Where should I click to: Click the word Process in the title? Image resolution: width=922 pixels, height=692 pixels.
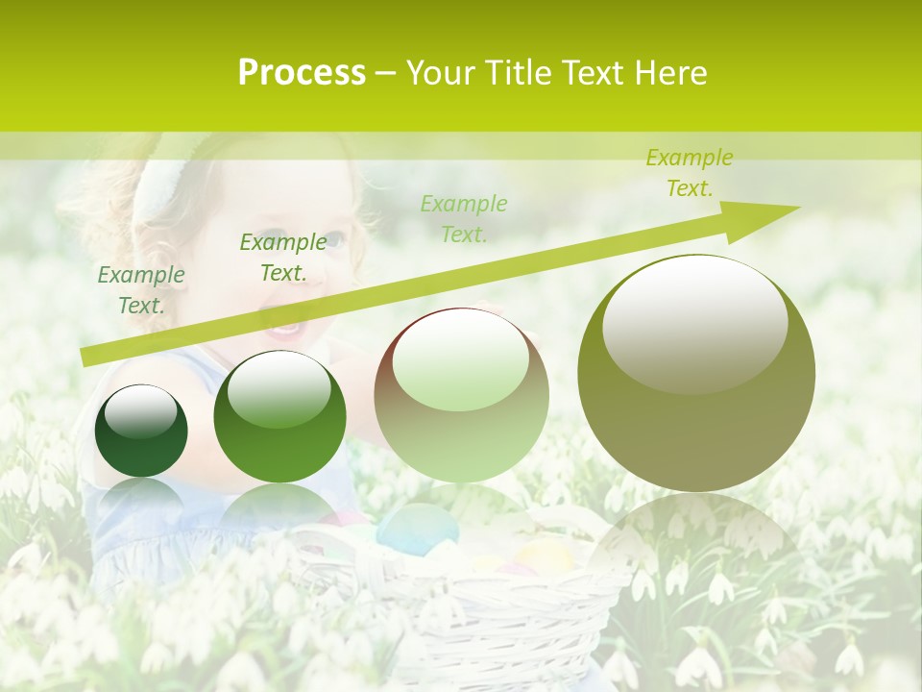[x=302, y=73]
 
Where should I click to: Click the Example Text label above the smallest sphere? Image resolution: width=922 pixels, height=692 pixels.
[x=141, y=290]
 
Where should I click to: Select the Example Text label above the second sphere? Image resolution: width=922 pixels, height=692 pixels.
[x=283, y=258]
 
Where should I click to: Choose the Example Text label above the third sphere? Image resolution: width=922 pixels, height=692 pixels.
[x=464, y=219]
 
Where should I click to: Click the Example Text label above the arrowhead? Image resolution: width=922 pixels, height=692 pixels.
[x=690, y=173]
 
